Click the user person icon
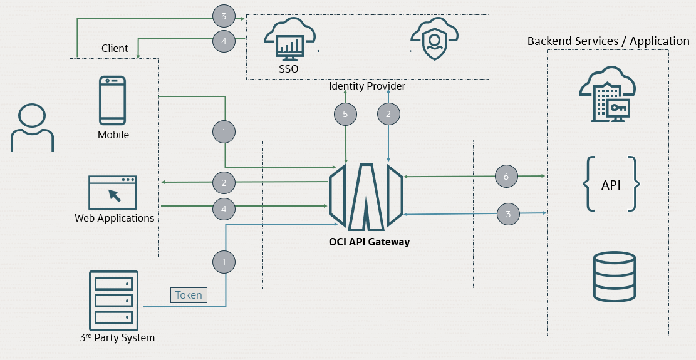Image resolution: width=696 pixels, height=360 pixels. coord(32,128)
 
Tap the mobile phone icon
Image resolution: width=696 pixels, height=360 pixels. coord(113,101)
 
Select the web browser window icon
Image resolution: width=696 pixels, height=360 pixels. coord(113,192)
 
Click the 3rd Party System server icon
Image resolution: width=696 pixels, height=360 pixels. coord(113,301)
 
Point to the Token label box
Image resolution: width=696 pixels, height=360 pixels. coord(189,295)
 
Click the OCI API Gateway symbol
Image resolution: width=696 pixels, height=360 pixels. coord(366,196)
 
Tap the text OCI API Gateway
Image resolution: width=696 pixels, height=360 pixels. coord(369,242)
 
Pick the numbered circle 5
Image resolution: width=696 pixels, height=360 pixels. coord(345,114)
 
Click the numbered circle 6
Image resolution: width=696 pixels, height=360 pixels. coord(506,177)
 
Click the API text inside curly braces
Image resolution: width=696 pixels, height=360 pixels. coord(611,185)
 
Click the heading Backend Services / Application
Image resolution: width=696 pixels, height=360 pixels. coord(608,41)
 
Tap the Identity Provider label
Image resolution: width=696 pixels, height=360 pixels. coord(367,86)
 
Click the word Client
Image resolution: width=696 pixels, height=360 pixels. coord(115,48)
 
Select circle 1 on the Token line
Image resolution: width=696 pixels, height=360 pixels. coord(224,262)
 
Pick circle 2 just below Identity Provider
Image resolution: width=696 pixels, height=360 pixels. coord(388,114)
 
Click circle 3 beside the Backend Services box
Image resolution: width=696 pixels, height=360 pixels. coord(508,214)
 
